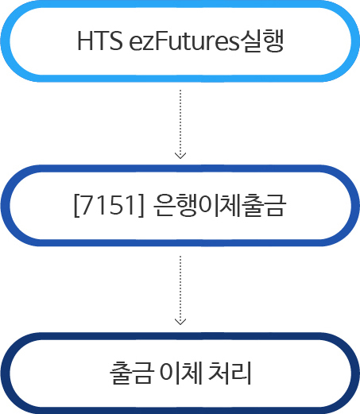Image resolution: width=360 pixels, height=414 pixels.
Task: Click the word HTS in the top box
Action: click(100, 41)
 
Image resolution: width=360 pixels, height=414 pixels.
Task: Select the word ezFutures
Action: click(184, 41)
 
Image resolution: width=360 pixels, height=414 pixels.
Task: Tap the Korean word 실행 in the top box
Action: click(261, 41)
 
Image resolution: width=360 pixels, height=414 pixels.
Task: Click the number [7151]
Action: click(109, 205)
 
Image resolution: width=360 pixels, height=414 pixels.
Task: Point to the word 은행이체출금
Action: click(219, 205)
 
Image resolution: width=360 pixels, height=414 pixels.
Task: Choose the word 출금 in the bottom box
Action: click(132, 373)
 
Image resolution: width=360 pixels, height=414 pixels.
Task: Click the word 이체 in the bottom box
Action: click(181, 373)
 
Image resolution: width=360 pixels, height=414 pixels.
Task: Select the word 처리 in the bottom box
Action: click(230, 373)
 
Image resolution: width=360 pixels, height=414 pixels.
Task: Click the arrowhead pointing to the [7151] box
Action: click(180, 156)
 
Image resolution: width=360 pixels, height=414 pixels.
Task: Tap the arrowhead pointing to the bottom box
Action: click(180, 322)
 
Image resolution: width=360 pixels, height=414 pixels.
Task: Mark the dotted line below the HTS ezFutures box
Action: click(180, 123)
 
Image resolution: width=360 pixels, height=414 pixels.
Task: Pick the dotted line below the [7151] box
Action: click(180, 289)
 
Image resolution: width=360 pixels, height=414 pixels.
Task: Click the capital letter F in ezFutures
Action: click(161, 41)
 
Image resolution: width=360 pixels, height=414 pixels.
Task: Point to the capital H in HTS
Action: click(85, 41)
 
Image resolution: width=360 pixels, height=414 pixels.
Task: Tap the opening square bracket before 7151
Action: click(76, 206)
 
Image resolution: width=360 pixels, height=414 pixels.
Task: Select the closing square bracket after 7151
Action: click(141, 206)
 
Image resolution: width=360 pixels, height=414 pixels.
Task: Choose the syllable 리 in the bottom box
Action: click(242, 373)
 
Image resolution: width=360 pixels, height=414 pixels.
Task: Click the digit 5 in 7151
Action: click(118, 205)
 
